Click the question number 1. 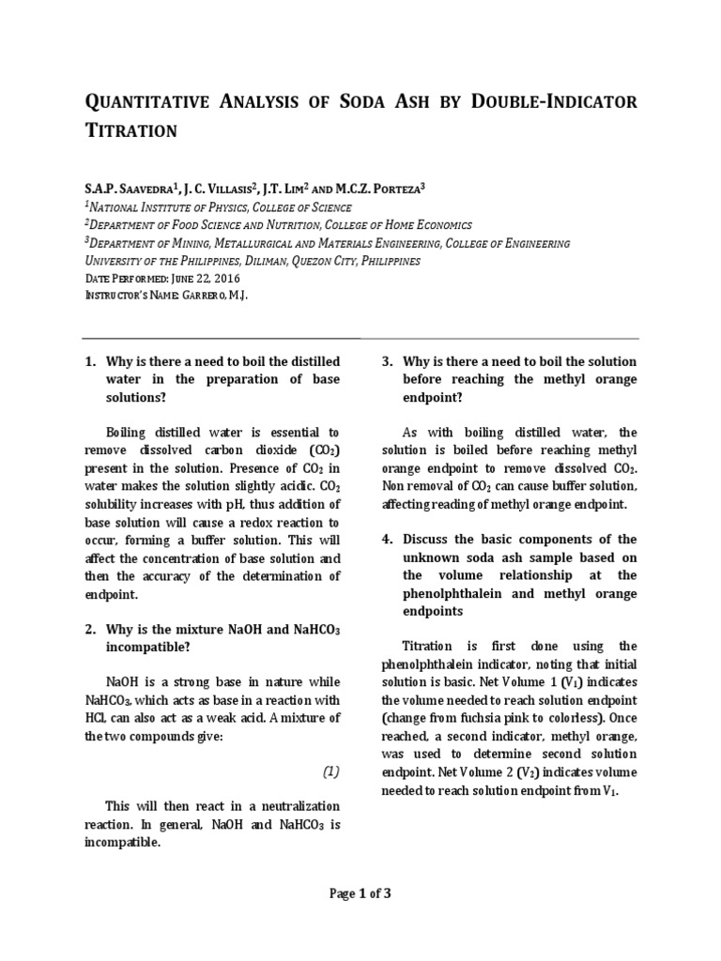(x=91, y=361)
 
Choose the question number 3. (x=387, y=361)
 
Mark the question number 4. (x=387, y=540)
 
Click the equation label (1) (x=330, y=771)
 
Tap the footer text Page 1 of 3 (x=360, y=893)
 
